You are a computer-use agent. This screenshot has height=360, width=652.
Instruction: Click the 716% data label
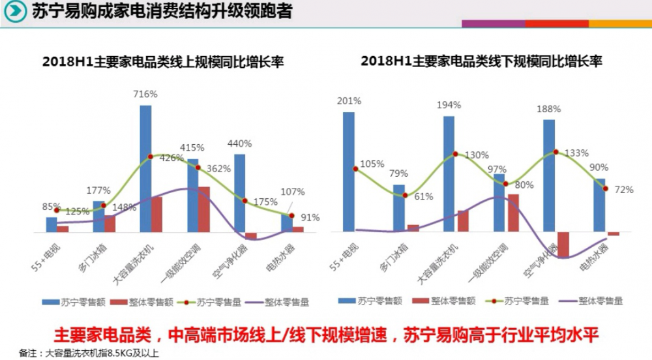[x=145, y=94]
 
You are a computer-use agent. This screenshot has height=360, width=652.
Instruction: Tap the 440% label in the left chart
[x=239, y=143]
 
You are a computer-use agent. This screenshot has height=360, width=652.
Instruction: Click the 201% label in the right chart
[x=349, y=100]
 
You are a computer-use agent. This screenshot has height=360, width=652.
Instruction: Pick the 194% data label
[x=449, y=104]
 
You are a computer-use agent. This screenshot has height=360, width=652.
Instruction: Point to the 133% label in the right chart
[x=576, y=153]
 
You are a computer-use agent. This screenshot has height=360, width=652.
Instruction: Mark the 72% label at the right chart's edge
[x=624, y=189]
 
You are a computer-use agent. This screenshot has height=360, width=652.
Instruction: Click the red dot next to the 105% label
[x=355, y=169]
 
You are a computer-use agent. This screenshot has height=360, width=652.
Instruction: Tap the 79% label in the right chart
[x=399, y=173]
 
